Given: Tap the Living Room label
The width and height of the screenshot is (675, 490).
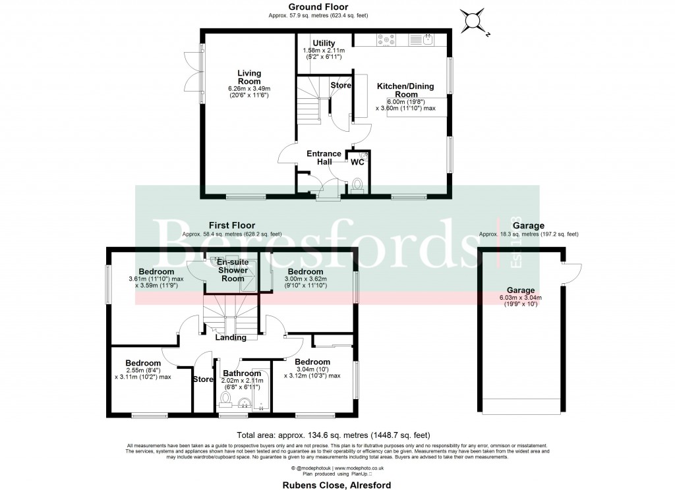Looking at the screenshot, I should (x=249, y=77).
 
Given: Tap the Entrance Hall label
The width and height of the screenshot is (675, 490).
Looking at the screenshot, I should (x=324, y=158).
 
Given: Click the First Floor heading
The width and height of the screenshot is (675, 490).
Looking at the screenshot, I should (x=231, y=225).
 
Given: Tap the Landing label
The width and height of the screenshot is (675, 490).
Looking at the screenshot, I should (x=230, y=337).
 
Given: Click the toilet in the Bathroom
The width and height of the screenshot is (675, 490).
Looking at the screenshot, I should (x=225, y=399).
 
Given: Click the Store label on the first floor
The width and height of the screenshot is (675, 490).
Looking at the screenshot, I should (x=203, y=379).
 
